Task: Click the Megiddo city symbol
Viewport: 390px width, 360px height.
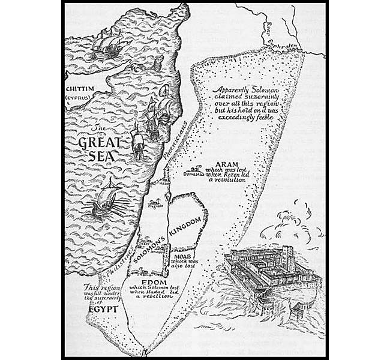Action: [x=155, y=203]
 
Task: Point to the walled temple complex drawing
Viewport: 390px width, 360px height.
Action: [x=270, y=270]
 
